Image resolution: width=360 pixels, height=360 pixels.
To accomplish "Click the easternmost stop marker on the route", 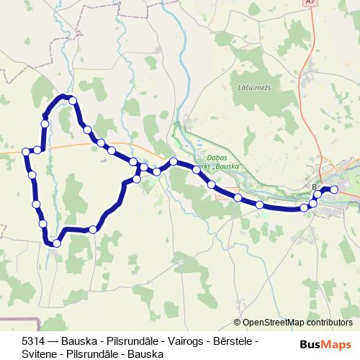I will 334,189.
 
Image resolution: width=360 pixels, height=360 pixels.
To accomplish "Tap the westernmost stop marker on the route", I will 27,151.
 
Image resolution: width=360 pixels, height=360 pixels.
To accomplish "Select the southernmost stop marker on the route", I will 57,243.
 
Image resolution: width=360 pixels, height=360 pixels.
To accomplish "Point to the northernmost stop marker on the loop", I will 72,101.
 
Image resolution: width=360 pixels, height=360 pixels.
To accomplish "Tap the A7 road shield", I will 310,3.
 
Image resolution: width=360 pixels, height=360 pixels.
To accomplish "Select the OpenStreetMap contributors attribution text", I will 297,323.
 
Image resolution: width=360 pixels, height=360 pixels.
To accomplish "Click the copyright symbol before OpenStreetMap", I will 238,323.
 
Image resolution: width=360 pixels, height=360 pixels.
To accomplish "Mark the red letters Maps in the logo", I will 338,345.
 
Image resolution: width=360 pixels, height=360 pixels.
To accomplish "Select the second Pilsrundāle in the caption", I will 93,354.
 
